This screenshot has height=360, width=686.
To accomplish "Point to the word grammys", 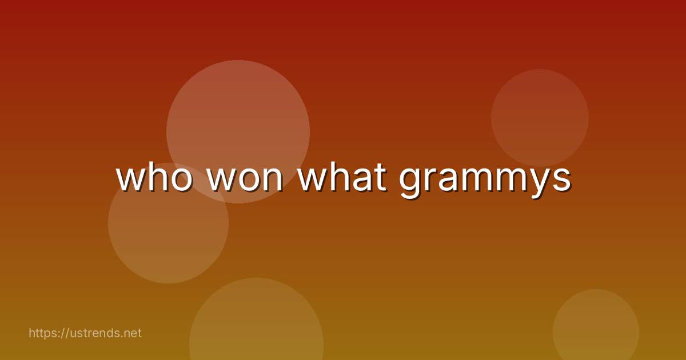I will point(485,180).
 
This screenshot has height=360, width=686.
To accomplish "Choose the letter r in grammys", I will point(430,178).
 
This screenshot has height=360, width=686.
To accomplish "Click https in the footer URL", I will point(45,333).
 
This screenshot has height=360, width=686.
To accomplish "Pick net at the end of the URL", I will point(131,333).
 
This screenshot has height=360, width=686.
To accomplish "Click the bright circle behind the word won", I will point(238,114).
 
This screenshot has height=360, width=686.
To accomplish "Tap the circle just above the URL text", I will point(168,240).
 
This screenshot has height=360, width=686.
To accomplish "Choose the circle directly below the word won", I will point(256,326).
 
